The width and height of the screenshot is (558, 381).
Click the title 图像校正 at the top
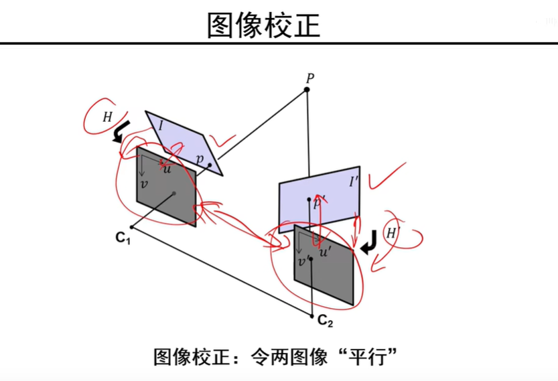pos(263,25)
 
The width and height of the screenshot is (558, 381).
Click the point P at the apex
pos(307,89)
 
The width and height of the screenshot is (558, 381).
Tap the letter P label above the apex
pos(309,78)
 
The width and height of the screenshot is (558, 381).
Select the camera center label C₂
pos(325,322)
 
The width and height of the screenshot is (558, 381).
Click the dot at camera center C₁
pos(132,228)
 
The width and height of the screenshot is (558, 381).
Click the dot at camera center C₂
pos(313,315)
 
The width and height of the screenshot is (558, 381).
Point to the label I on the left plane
pos(161,125)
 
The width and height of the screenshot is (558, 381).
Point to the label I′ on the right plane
pos(353,181)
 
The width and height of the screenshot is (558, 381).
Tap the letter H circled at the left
pos(107,117)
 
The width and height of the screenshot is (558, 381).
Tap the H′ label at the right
pos(392,233)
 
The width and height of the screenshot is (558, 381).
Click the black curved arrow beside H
pos(121,131)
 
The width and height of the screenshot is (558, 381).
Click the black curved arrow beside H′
pos(368,244)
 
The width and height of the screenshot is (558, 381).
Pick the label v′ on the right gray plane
pos(303,261)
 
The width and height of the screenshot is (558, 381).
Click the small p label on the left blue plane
pos(200,159)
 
